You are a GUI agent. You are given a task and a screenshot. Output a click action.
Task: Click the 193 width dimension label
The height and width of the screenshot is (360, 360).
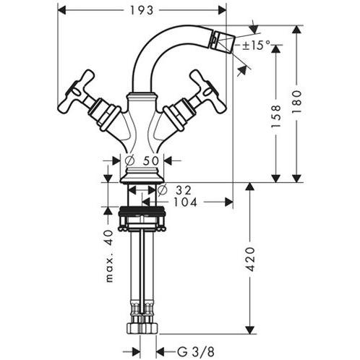(x=142, y=11)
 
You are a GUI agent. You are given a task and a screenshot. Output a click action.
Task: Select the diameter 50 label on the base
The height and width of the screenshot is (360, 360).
(x=143, y=160)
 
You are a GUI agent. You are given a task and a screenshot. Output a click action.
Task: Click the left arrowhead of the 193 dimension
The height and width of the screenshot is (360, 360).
(x=61, y=11)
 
